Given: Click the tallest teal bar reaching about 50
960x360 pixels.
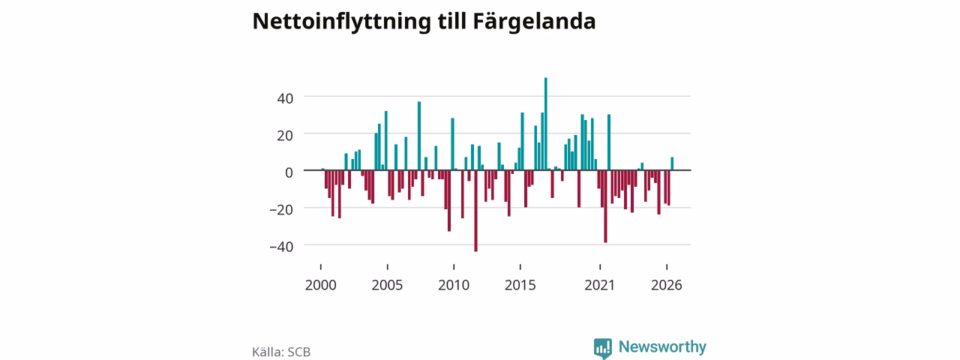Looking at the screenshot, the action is coord(545,124).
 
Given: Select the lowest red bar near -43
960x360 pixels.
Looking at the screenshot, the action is coord(475,211).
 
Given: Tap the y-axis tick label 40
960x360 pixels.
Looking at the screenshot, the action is coord(285,98).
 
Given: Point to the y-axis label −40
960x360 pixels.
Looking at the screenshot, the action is coord(281,247).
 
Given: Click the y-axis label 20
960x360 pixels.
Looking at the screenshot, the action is coord(285,136).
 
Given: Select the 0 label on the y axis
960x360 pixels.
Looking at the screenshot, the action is coord(289,172).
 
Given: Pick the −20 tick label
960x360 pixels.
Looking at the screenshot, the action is coord(281,210).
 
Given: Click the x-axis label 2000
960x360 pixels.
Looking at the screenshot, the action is coord(320,285).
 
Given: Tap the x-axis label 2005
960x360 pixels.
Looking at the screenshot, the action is coord(387,285).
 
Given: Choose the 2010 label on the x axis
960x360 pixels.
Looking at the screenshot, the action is coord(454,285).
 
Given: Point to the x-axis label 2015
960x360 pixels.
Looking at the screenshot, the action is coord(520,285).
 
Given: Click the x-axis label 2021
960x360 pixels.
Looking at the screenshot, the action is coord(599,285).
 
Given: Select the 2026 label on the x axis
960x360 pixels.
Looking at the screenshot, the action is coord(667,285).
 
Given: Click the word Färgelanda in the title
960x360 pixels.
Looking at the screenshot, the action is coord(534,22).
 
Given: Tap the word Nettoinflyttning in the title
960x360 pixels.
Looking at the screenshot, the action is coord(341,22).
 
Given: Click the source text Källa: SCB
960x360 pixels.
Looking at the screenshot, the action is coord(281,352).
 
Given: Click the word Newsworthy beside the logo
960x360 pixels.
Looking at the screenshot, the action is coord(662,346).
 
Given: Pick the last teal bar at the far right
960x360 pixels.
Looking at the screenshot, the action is coord(672,163).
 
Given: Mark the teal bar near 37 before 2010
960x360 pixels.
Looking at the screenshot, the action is coord(419,136).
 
